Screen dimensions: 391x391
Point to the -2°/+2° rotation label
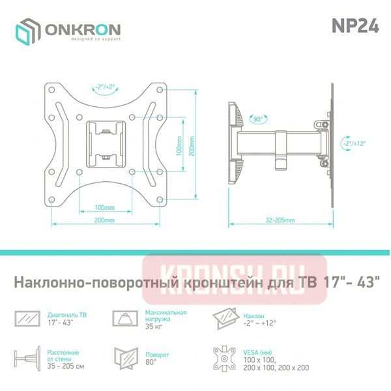pos(105,87)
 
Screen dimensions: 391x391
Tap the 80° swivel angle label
pos(258,119)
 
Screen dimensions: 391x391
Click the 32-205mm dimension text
pos(281,220)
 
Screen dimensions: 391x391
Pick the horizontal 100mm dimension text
pos(104,207)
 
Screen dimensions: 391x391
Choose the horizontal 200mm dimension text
pos(104,220)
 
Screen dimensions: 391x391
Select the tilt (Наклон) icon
pos(224,318)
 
